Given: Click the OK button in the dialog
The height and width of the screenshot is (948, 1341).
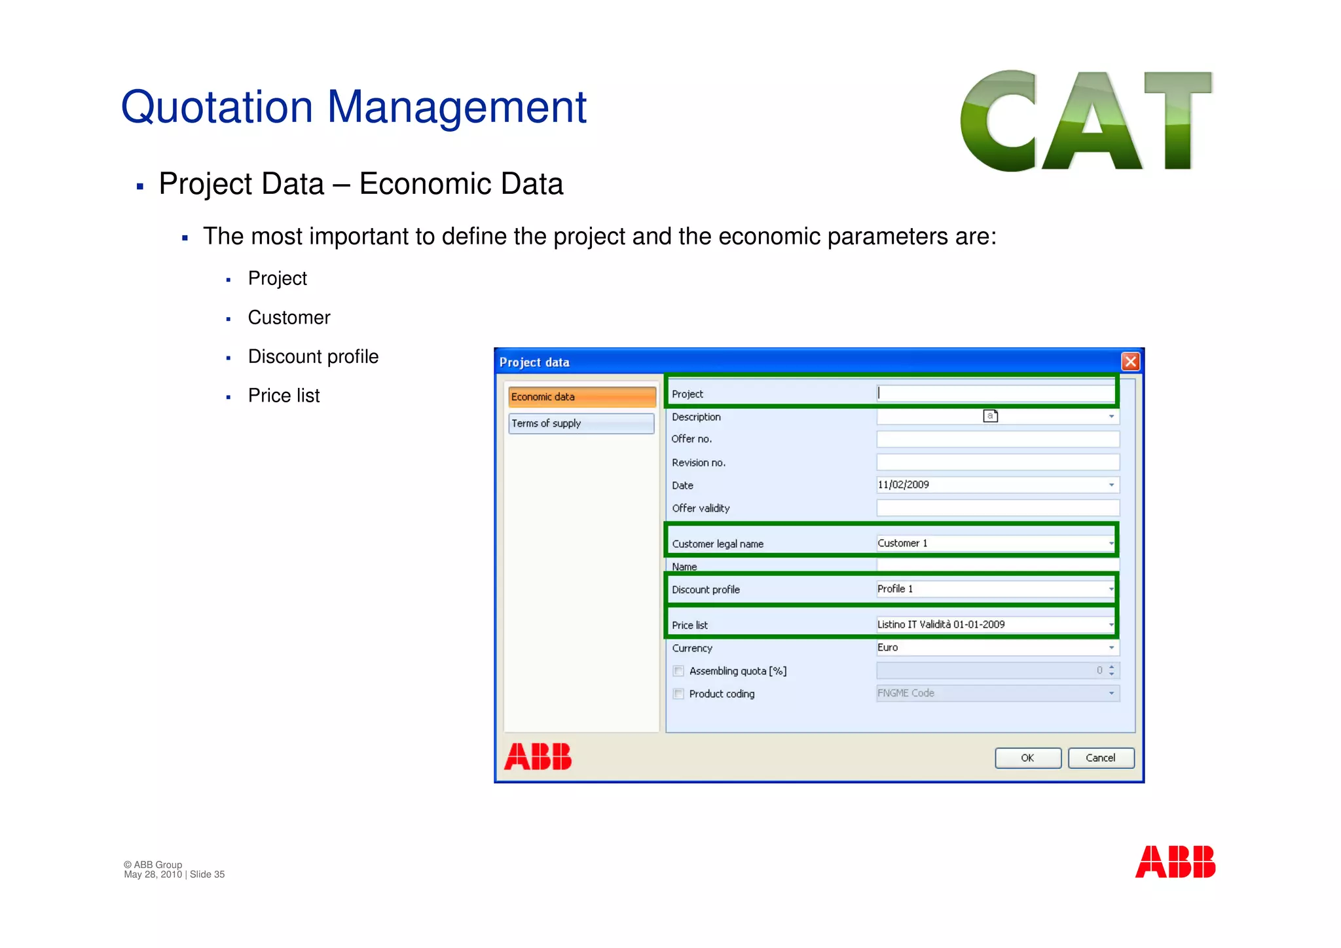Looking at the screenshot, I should (x=1027, y=758).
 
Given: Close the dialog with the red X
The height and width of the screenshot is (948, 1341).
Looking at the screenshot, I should (x=1130, y=362).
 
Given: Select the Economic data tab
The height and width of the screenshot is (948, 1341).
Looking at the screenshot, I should (x=581, y=397).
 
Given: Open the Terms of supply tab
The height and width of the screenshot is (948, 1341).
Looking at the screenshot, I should (x=581, y=424).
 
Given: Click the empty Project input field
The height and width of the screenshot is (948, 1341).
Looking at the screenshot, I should (x=995, y=393).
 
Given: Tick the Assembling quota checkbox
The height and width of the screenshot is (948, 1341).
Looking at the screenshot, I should (x=678, y=671).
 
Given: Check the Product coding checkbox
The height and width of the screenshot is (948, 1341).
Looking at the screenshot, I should (x=678, y=694).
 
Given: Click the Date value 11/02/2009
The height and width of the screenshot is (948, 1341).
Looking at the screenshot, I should (x=904, y=485).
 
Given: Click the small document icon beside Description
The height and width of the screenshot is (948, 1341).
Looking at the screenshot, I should (x=990, y=416).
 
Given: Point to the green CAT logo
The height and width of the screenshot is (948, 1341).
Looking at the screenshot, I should (x=1086, y=121).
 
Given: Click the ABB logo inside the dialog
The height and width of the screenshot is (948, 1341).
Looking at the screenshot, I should (x=538, y=757).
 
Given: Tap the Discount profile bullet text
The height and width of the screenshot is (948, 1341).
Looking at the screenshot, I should (x=313, y=356).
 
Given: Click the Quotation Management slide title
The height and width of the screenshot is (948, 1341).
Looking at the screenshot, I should (x=354, y=107).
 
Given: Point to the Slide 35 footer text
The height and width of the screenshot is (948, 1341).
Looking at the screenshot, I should (x=207, y=875).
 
